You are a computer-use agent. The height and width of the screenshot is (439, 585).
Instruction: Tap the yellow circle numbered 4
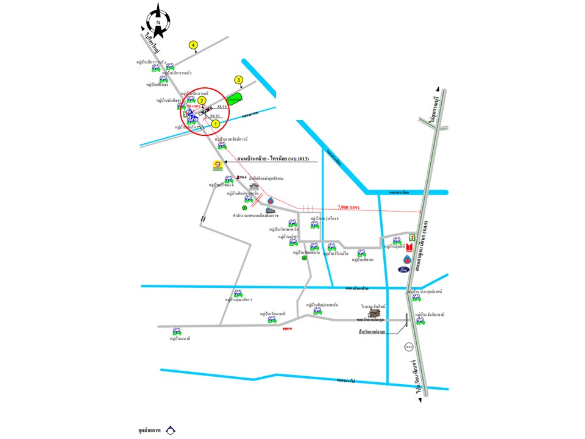point(193,45)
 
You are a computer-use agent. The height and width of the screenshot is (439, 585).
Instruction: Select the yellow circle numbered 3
point(239,80)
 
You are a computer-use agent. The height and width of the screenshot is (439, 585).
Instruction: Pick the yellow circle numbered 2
point(201,100)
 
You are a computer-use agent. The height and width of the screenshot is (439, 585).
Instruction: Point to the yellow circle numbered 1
point(215,123)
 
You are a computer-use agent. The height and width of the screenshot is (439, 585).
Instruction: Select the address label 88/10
point(214,115)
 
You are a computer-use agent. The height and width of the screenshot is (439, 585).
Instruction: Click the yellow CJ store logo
point(217,165)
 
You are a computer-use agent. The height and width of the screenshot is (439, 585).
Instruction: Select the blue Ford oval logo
point(406,269)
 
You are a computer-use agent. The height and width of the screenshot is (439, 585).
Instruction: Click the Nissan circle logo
point(409,348)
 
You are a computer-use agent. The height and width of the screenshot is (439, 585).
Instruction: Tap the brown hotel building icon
point(374,313)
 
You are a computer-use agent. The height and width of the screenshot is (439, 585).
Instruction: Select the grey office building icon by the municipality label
point(270,210)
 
